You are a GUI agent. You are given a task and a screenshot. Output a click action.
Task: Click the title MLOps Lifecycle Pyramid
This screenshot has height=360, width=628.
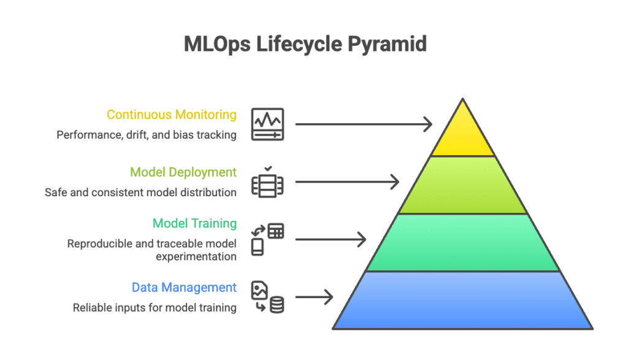coord(305,45)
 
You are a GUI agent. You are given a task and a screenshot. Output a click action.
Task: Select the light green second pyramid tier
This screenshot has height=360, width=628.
coord(462,185)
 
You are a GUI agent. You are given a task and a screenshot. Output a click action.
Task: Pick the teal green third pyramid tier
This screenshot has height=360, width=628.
coord(462,243)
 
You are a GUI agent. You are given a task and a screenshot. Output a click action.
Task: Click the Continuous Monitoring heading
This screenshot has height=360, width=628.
coord(172,115)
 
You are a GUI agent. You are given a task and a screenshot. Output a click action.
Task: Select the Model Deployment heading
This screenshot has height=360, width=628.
coord(183,172)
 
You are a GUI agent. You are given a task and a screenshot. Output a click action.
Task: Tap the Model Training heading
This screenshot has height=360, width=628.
coord(194,223)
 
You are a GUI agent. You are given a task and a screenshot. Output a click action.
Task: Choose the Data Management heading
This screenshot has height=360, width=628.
coord(184,287)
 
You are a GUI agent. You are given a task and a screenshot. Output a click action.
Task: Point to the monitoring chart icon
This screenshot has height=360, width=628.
coord(267,124)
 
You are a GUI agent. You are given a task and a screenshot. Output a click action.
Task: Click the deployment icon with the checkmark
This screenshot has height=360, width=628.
coord(267,182)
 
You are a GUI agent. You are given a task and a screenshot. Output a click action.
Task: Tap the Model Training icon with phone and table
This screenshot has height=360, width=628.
coord(267,239)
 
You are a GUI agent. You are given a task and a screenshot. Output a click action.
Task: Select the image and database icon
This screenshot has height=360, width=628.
coord(267,297)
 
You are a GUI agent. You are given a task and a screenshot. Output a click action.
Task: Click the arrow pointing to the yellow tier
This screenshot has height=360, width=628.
coord(363,124)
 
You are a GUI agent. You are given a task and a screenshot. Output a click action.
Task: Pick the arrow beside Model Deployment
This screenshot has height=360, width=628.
coord(347,182)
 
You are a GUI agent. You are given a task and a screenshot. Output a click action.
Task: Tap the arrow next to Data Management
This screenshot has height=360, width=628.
coord(313,297)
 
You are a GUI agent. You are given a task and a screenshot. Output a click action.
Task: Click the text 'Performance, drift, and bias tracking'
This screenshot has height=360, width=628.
coord(147,135)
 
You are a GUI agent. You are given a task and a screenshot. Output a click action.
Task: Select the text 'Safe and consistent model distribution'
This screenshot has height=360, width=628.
coord(140,193)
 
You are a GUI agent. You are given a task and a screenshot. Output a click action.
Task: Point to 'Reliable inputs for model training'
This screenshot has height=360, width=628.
coord(155,307)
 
